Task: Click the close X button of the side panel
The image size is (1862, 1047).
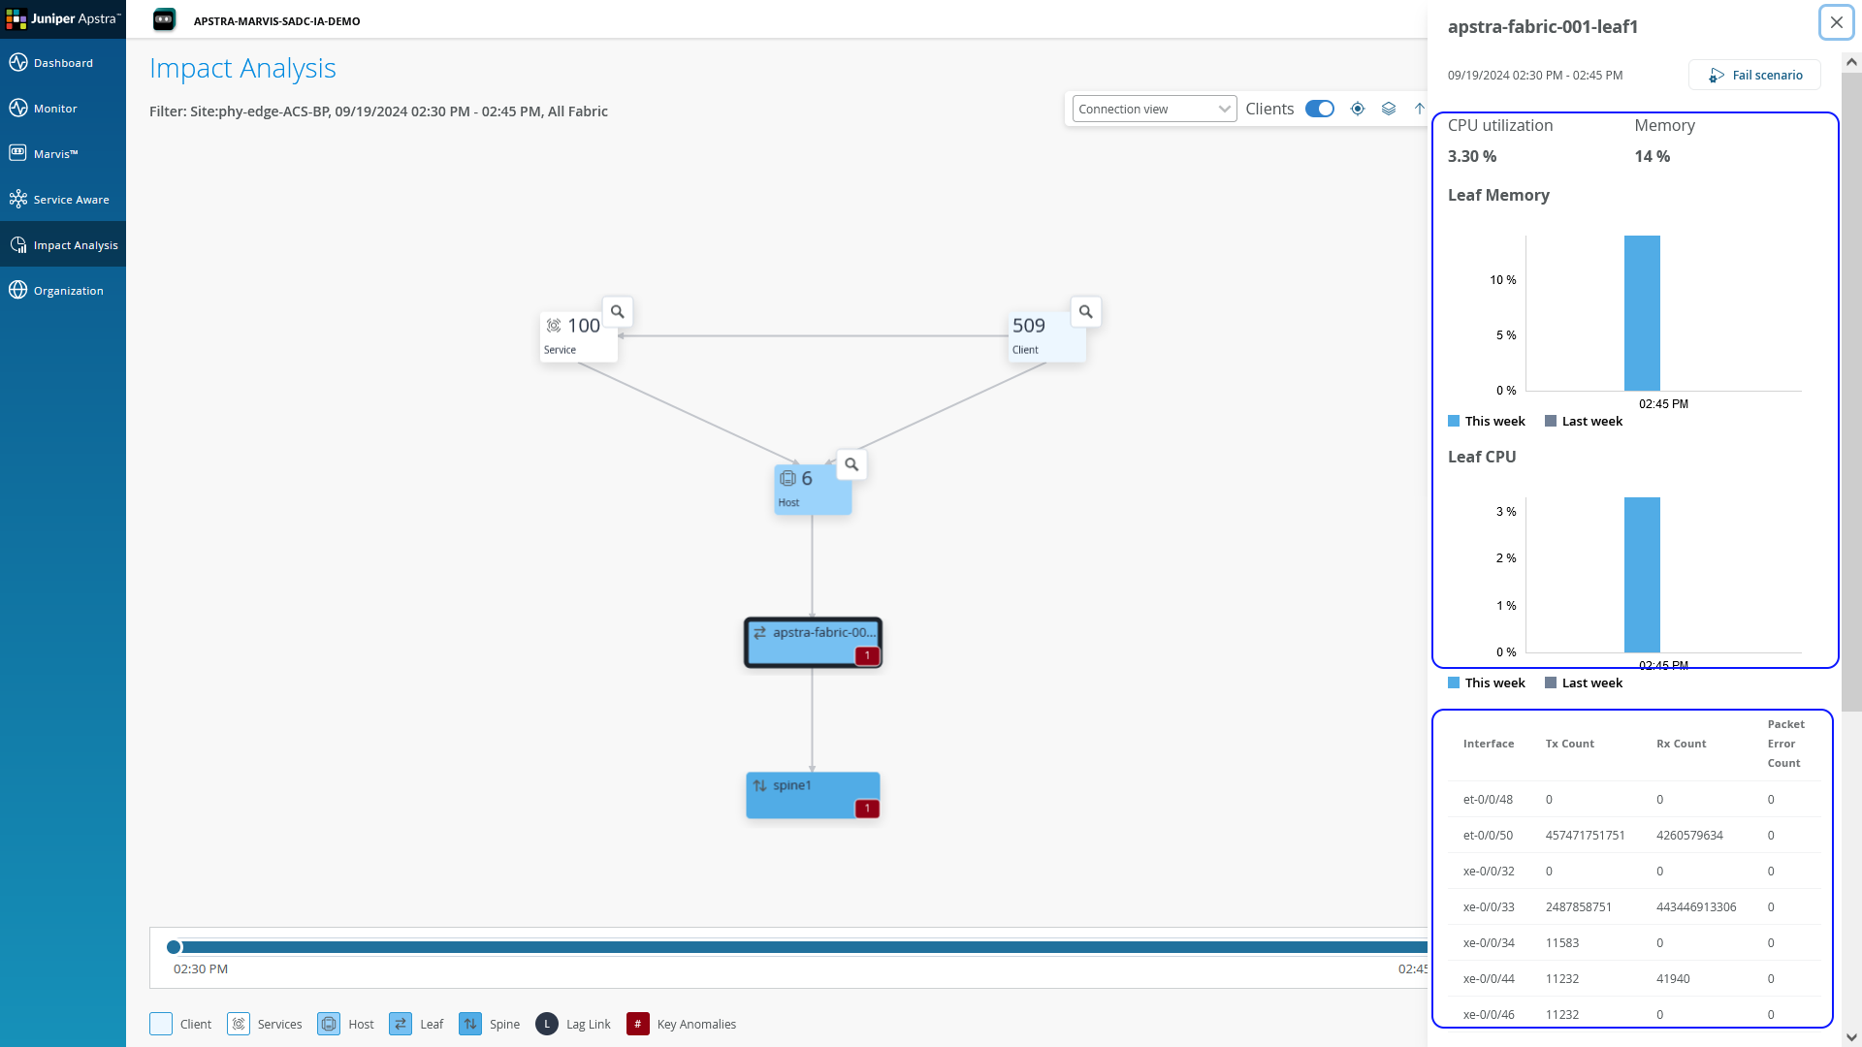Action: click(1836, 22)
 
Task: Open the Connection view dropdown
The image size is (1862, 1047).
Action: click(1153, 109)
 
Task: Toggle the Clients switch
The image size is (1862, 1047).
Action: click(1319, 109)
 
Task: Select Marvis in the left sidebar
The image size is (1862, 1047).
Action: click(55, 153)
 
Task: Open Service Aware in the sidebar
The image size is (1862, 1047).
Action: click(71, 199)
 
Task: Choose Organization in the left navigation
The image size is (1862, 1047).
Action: click(68, 290)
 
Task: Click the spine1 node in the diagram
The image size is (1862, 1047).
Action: click(812, 794)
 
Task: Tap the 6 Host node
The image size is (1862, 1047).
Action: click(812, 490)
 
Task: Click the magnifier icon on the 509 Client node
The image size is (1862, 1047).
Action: click(1085, 312)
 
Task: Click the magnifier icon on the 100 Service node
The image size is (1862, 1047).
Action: click(617, 312)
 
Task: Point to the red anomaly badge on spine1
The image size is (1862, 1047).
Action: click(867, 808)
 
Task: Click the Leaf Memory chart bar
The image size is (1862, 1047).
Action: click(1642, 313)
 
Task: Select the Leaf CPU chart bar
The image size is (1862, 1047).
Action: click(1642, 574)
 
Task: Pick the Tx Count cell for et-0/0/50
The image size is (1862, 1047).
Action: click(1585, 835)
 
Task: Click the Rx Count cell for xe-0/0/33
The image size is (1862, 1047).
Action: click(1696, 906)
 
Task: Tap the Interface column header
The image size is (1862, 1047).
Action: click(1488, 744)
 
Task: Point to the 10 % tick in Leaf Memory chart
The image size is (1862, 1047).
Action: click(1502, 280)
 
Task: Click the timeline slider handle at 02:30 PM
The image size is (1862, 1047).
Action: click(174, 946)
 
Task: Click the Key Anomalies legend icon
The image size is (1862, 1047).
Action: click(637, 1024)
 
